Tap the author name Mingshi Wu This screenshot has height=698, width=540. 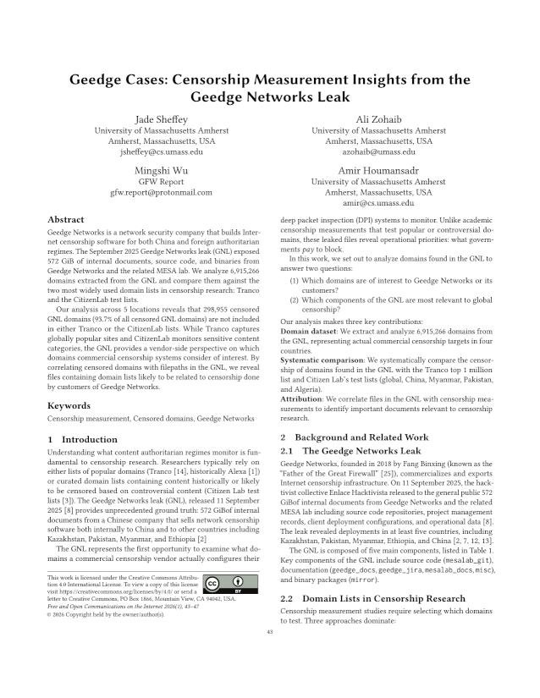pyautogui.click(x=155, y=168)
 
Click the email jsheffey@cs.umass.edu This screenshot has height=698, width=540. pyautogui.click(x=155, y=152)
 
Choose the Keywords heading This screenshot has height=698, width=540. pyautogui.click(x=69, y=405)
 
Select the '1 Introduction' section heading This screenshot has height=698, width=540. pyautogui.click(x=83, y=439)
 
